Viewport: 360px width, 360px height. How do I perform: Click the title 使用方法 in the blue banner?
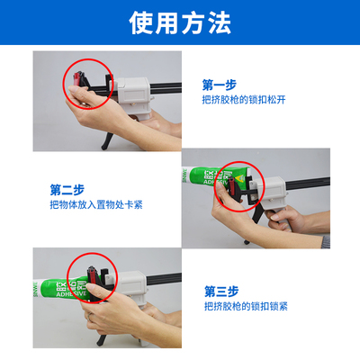[179, 21]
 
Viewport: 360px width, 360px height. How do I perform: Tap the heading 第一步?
[220, 85]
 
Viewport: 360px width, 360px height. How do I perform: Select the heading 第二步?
[68, 189]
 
